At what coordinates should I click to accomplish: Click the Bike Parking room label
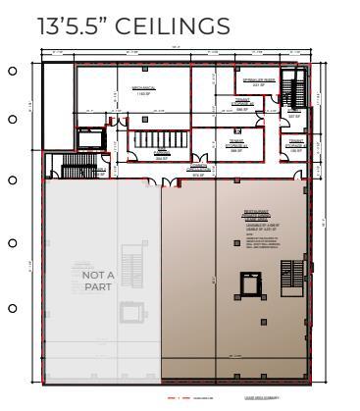[x=162, y=156]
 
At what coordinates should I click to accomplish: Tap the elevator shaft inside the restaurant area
[x=242, y=284]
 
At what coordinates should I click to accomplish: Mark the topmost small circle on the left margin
[x=12, y=71]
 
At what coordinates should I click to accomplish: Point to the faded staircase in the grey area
[x=131, y=252]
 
